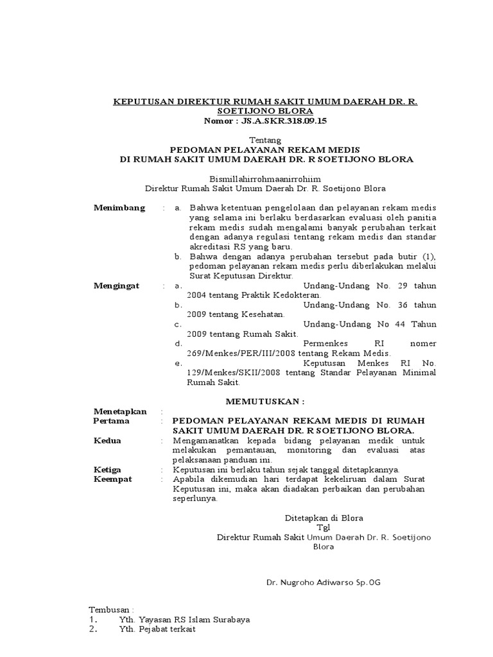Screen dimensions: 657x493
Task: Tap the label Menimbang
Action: [x=119, y=208]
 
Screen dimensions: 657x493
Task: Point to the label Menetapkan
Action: [x=120, y=411]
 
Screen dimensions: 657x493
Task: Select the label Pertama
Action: [x=111, y=421]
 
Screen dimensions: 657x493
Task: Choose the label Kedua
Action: [x=107, y=441]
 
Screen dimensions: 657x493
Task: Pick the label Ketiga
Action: [x=108, y=470]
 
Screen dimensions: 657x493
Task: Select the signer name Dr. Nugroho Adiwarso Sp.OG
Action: [x=324, y=583]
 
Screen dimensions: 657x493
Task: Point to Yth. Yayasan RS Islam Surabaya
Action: [x=184, y=620]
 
